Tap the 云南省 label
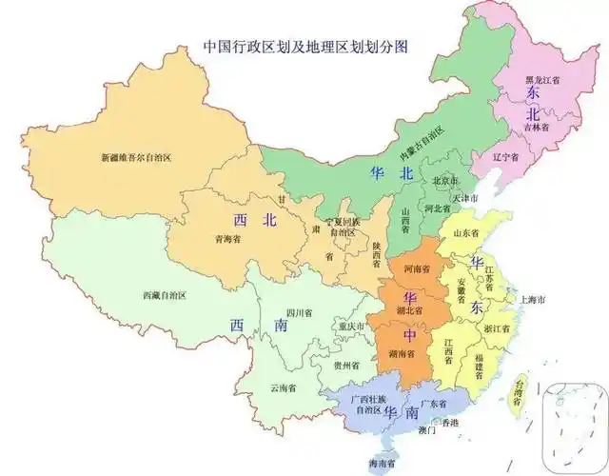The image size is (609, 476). point(284,388)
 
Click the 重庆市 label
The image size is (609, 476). point(350,327)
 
